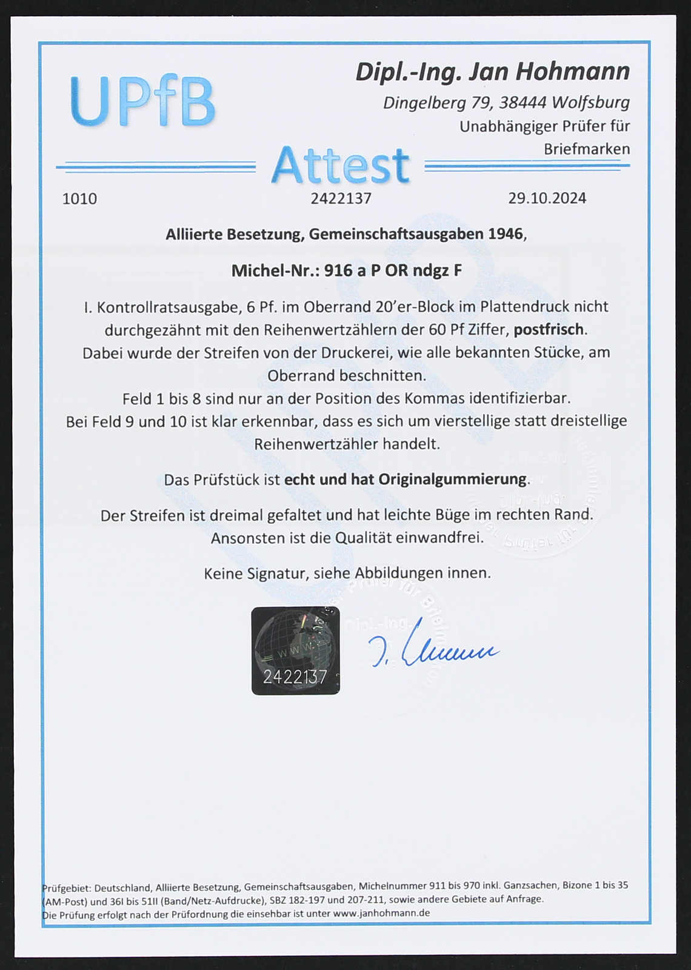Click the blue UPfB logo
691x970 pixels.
tap(142, 101)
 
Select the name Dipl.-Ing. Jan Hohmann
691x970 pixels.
tap(492, 72)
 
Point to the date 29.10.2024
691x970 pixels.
tap(547, 198)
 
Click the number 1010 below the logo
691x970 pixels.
tap(79, 199)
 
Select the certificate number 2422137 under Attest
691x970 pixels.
tap(341, 198)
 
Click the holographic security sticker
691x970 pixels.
tap(296, 651)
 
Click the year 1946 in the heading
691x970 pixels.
tap(506, 234)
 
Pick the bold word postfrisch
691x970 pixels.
tap(549, 329)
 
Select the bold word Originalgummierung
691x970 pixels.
tap(452, 479)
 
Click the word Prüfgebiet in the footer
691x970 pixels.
tap(66, 886)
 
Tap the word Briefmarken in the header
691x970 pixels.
tap(586, 149)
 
